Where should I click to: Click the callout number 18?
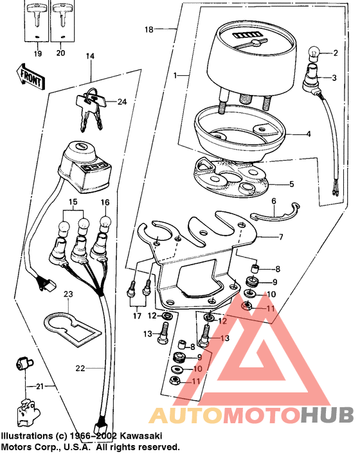coord(149,30)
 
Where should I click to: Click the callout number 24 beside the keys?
coord(122,101)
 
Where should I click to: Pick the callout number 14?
coord(89,57)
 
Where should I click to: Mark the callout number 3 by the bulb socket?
coord(334,78)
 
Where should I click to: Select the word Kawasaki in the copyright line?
coord(138,435)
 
